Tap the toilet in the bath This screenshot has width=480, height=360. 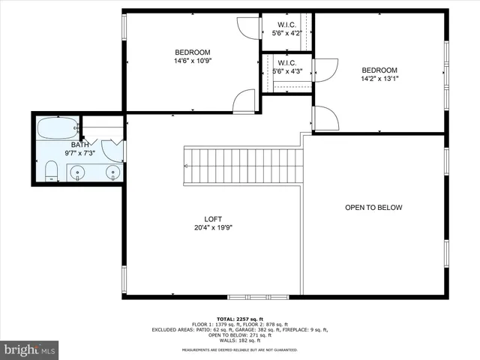pyautogui.click(x=51, y=171)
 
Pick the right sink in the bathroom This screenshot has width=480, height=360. pyautogui.click(x=112, y=172)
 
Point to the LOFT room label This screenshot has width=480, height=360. pyautogui.click(x=214, y=219)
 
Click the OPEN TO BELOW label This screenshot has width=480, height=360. pyautogui.click(x=373, y=208)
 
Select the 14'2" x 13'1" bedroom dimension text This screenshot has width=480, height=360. pyautogui.click(x=379, y=78)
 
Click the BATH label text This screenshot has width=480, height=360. pyautogui.click(x=80, y=145)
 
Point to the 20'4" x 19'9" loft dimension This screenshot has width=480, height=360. pyautogui.click(x=214, y=228)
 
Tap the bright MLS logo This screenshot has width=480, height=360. pyautogui.click(x=30, y=349)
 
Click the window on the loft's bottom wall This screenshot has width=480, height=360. pyautogui.click(x=247, y=295)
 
